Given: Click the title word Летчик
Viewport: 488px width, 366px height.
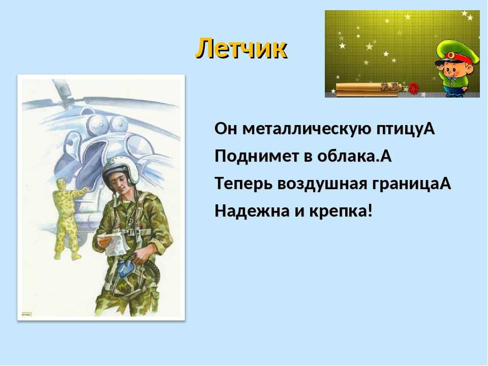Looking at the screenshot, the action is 241,49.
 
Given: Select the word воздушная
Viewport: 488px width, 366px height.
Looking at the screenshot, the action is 322,183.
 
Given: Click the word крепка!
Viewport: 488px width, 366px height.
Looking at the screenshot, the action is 341,211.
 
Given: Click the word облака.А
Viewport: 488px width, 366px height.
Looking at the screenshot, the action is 354,156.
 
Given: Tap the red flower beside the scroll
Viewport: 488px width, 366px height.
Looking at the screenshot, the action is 413,88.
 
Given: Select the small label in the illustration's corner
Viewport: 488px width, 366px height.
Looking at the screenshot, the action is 26,314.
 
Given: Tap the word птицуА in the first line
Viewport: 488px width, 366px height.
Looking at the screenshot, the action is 406,129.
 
